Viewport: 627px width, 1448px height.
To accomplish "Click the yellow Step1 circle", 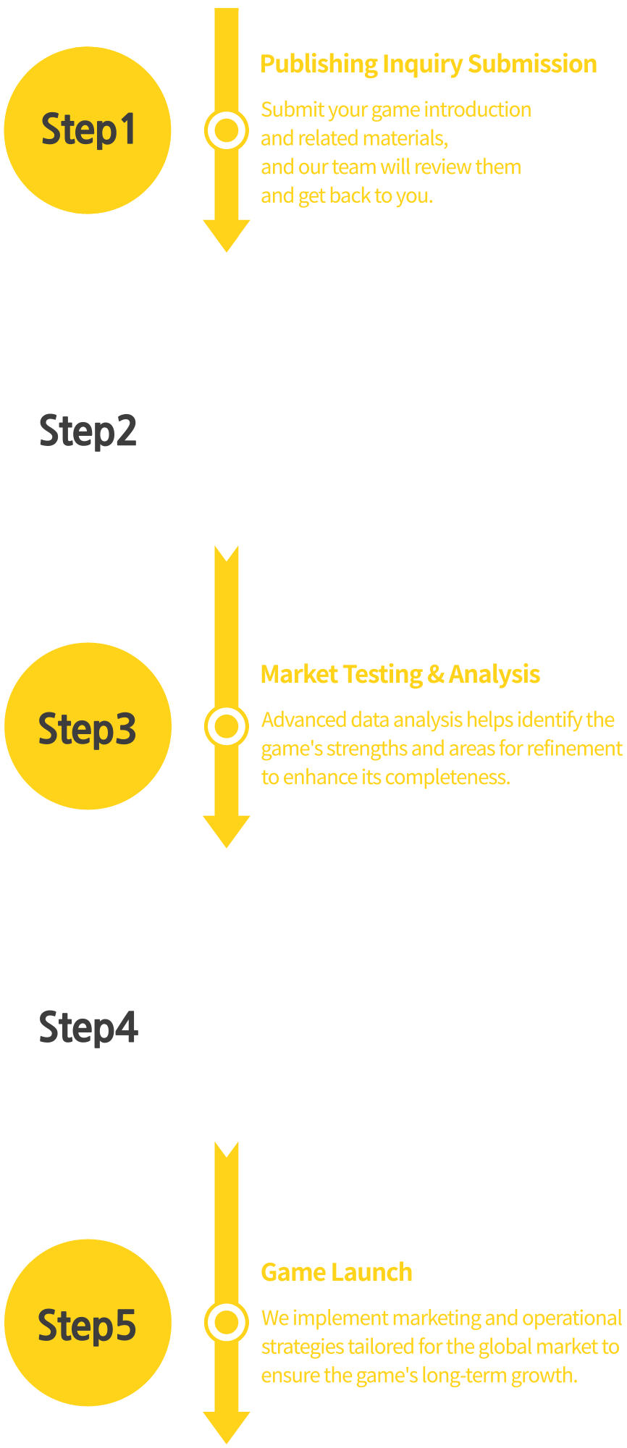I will click(88, 130).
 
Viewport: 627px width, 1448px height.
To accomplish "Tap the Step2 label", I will click(88, 431).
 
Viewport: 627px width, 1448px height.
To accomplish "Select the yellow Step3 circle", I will click(88, 726).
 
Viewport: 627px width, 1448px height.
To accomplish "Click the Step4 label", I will click(88, 1027).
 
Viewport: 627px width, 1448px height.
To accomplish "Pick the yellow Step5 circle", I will click(88, 1323).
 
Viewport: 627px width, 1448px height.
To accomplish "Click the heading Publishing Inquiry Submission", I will click(428, 64).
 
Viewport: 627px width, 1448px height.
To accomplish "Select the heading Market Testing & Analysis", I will click(400, 675).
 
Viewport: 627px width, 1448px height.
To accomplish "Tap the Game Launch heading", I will click(336, 1273).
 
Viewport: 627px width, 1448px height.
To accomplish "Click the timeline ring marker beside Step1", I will click(227, 130).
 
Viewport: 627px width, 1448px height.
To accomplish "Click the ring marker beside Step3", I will click(227, 726).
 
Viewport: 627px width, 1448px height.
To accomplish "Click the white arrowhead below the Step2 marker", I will click(227, 532).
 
